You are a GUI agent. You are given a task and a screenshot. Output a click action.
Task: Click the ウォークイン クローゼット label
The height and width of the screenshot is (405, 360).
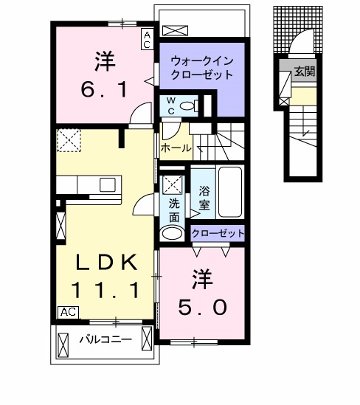(201, 68)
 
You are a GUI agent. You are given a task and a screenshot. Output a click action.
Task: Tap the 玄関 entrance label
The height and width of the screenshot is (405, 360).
(304, 72)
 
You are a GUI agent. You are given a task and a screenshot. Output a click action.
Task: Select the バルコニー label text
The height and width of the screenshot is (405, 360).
(105, 340)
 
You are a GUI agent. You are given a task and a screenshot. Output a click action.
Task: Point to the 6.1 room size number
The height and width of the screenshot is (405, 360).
(103, 90)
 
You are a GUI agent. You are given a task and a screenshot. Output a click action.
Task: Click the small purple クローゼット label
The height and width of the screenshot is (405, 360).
(218, 233)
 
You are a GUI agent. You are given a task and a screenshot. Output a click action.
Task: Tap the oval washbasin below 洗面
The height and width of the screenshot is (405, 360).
(174, 235)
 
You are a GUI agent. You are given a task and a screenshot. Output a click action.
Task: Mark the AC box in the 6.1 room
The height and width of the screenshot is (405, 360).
(147, 39)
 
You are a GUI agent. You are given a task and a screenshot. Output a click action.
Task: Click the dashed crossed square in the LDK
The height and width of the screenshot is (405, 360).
(69, 140)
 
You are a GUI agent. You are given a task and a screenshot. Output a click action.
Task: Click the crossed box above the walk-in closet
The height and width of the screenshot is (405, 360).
(177, 30)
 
